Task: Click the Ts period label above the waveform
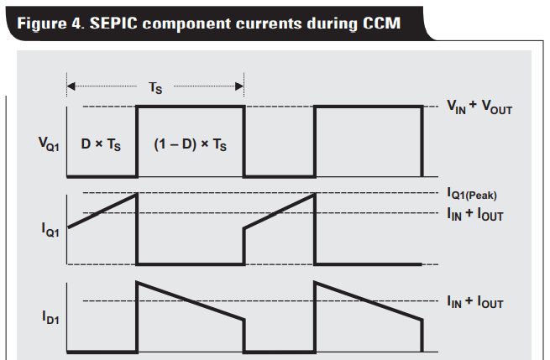[155, 87]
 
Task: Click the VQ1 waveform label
[41, 143]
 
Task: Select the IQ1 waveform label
[41, 228]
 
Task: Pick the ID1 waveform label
[41, 316]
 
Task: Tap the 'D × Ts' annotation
[102, 143]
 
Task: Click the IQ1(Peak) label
[472, 195]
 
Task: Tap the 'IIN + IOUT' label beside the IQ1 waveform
[475, 214]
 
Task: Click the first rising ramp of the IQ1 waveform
[102, 211]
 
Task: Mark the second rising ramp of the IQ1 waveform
[279, 211]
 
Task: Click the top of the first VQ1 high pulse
[191, 107]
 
